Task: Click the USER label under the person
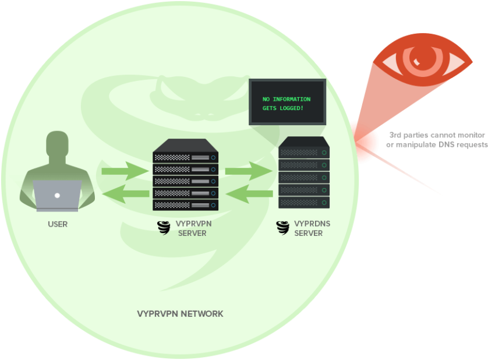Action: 58,224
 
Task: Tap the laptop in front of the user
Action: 57,195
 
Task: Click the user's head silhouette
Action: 58,144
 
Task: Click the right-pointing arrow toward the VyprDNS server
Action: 248,171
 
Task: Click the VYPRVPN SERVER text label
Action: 192,228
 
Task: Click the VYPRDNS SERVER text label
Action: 308,228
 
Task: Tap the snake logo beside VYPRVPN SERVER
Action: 164,228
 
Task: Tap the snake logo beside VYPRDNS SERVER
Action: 282,228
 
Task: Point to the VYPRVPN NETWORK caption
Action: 180,314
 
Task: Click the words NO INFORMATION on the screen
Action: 287,99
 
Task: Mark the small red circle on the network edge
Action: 362,142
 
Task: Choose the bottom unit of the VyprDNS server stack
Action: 304,203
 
